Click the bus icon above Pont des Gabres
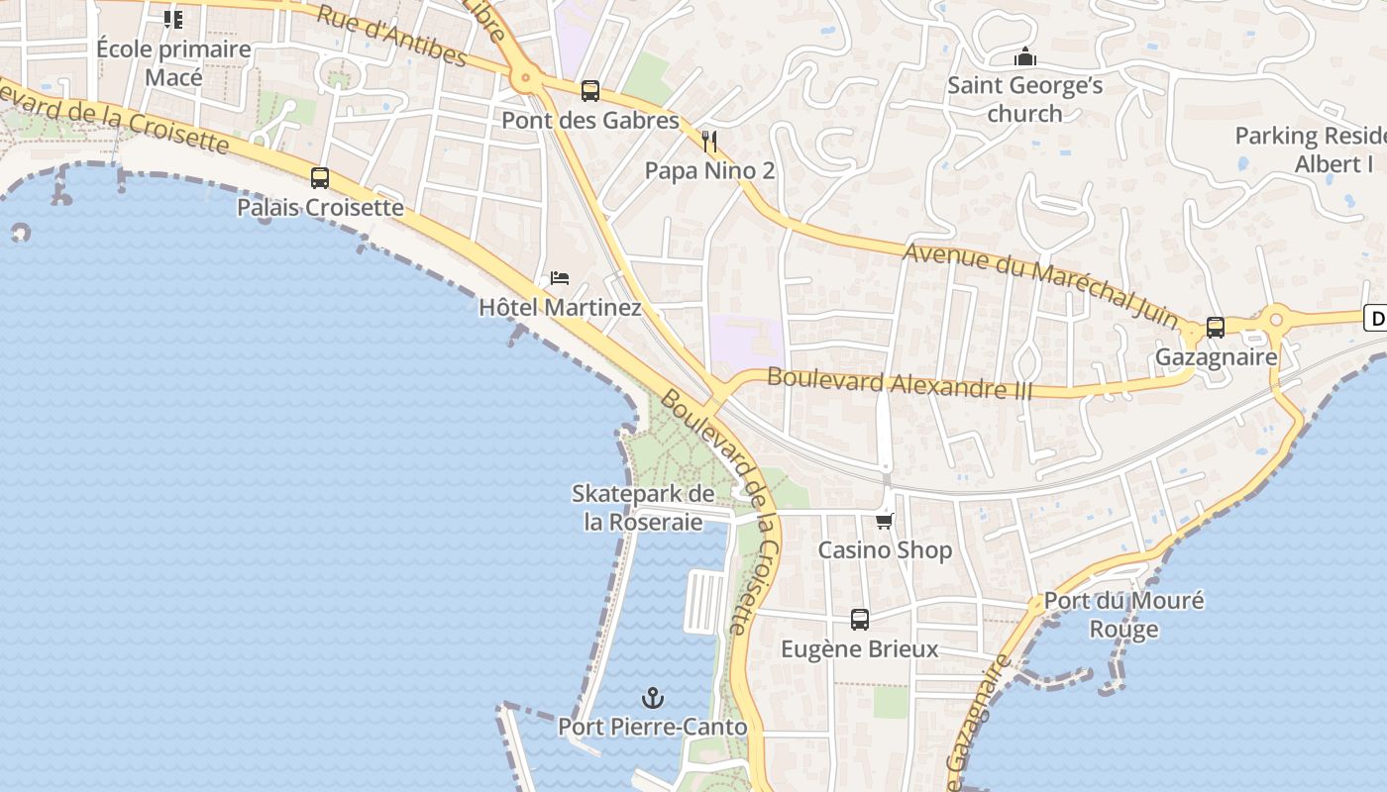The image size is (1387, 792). (x=590, y=91)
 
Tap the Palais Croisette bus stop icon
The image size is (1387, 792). (x=319, y=178)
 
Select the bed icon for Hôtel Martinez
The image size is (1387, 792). (x=560, y=278)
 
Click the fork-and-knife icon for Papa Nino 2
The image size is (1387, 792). (x=708, y=141)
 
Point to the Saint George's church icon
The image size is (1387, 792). (x=1025, y=56)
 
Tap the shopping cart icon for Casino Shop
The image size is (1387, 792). (x=885, y=521)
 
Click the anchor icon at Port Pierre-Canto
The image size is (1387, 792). (x=652, y=699)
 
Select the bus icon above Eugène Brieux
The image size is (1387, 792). (x=860, y=620)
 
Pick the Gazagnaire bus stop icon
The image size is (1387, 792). (x=1216, y=328)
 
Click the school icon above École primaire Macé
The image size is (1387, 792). (x=173, y=19)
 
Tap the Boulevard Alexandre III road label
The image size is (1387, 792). (x=900, y=383)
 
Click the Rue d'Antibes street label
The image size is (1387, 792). (x=390, y=35)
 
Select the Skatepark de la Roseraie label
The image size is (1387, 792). (x=643, y=507)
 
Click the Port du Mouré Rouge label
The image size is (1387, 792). (x=1123, y=615)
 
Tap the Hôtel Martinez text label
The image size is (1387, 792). (x=560, y=308)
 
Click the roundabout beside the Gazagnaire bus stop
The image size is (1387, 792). (x=1275, y=319)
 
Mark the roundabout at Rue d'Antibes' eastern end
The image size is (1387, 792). (x=525, y=76)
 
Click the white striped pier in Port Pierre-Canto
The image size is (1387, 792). (x=705, y=601)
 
